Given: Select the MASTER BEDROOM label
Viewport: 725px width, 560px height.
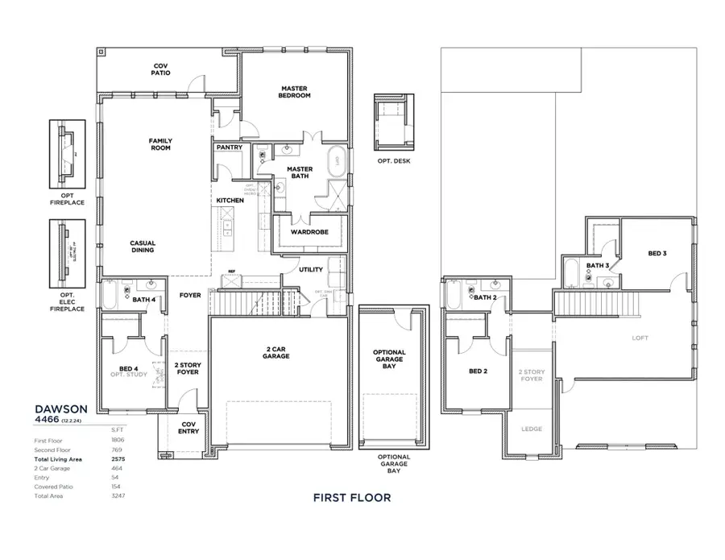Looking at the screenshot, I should pos(296,92).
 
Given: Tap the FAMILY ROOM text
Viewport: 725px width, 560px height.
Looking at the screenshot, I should pos(160,144).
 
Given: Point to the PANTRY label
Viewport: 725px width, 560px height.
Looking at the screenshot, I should pos(229,147).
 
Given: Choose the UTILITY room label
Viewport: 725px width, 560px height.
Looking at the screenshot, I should pos(311,270).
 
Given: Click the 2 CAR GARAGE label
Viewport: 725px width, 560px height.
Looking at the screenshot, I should pos(276,352).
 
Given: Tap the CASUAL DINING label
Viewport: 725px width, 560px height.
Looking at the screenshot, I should pos(143,247).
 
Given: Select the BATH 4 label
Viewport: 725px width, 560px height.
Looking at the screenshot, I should pos(144,301).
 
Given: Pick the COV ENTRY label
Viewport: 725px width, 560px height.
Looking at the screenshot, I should pos(188,428).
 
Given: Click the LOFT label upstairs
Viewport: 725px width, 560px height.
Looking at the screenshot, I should pos(640,338).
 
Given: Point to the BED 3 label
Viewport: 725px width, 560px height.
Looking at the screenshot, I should pos(657,254).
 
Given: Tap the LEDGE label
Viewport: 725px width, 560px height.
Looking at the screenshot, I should pos(532,429).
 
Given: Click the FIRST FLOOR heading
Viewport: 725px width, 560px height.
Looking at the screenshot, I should pos(352,497).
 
